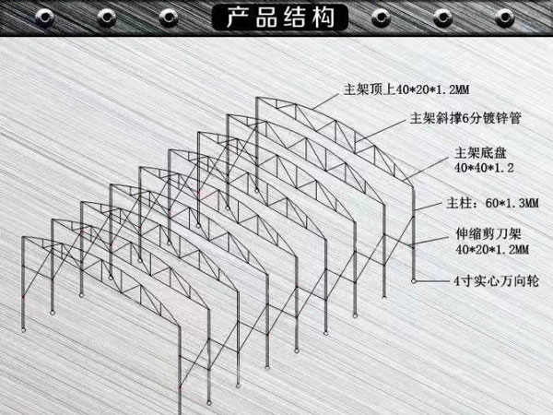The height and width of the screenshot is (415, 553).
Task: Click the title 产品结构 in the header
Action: (280, 17)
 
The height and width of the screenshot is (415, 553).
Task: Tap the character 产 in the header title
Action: (238, 17)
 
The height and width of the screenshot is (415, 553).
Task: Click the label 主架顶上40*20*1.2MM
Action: (406, 89)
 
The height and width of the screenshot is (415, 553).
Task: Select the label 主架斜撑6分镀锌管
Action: (465, 118)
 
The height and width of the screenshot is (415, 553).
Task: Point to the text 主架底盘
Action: (480, 153)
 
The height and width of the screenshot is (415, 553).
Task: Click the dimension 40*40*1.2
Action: (484, 168)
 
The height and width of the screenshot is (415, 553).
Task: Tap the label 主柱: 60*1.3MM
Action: (492, 203)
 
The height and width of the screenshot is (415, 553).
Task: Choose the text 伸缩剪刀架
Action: (488, 233)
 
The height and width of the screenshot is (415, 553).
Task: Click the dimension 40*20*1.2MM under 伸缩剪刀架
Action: (492, 250)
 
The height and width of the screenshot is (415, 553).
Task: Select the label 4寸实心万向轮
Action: (497, 281)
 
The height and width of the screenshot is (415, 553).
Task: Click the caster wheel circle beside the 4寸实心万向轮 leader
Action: (414, 281)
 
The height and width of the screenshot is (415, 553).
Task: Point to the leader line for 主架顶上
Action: (325, 101)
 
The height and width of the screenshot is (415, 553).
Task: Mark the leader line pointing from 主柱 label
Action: (429, 207)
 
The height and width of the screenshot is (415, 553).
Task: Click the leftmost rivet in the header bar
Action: (45, 17)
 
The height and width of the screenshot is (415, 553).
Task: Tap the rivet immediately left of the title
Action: (169, 17)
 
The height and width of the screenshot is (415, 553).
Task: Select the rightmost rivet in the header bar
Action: (505, 17)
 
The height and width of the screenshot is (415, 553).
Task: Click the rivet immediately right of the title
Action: (381, 17)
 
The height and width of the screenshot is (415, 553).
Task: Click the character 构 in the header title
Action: (324, 17)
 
